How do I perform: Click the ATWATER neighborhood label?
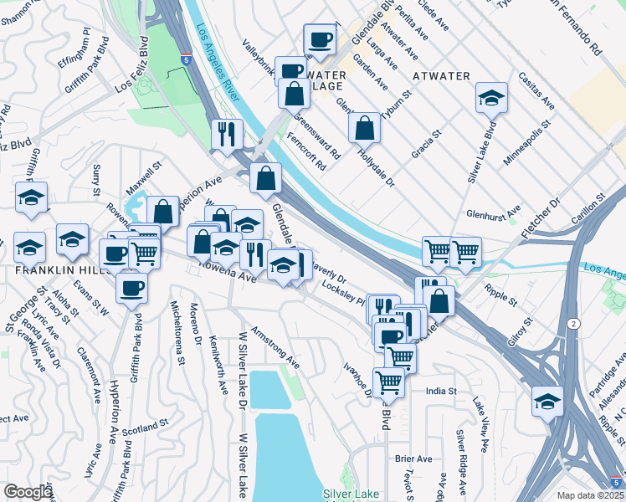pyautogui.click(x=441, y=76)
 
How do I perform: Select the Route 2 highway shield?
pyautogui.click(x=572, y=323)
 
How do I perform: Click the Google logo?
pyautogui.click(x=28, y=492)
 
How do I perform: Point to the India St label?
pyautogui.click(x=441, y=391)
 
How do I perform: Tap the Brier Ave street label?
pyautogui.click(x=413, y=458)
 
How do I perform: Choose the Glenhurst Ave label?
pyautogui.click(x=494, y=213)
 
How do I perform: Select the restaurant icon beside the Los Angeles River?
pyautogui.click(x=227, y=133)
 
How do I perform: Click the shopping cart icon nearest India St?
pyautogui.click(x=389, y=382)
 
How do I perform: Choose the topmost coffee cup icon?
pyautogui.click(x=319, y=38)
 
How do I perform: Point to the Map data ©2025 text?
pyautogui.click(x=591, y=495)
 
